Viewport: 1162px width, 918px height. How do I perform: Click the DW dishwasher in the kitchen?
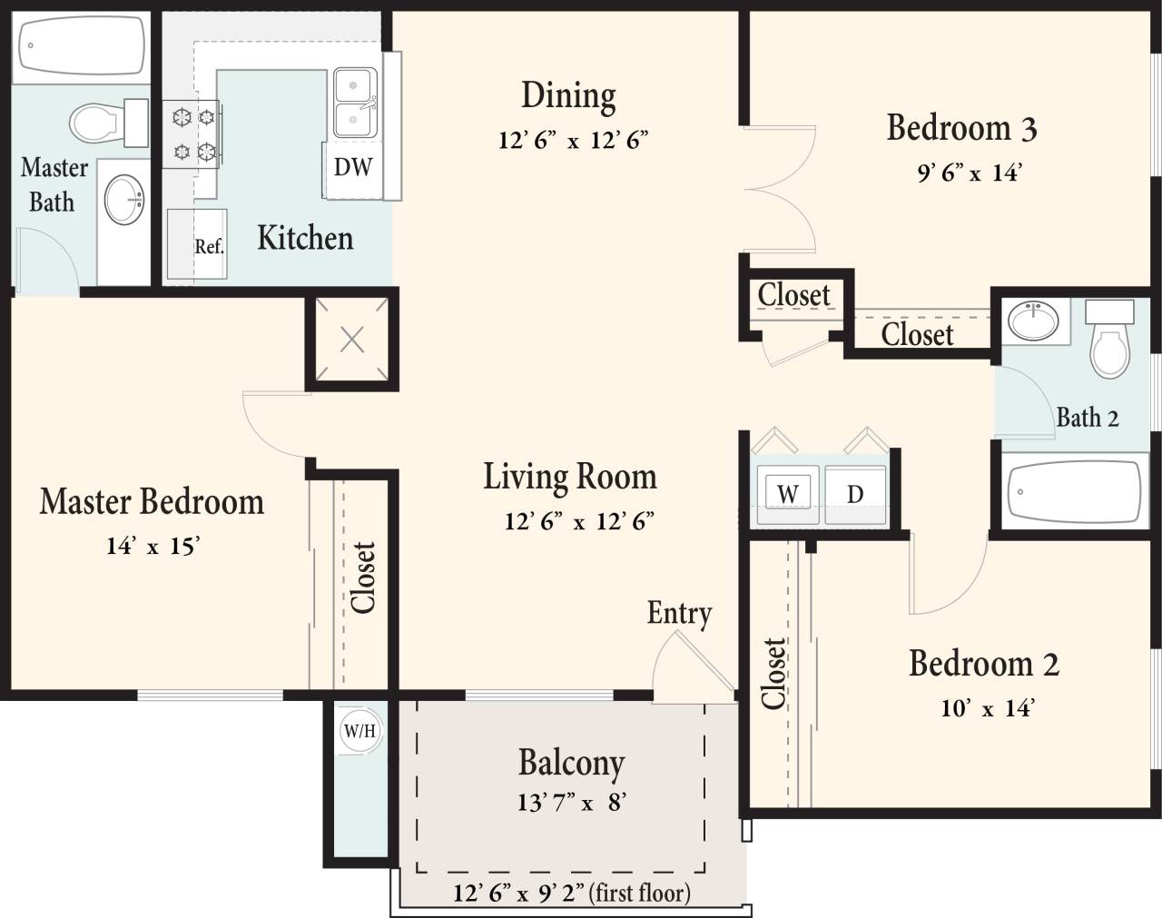point(352,168)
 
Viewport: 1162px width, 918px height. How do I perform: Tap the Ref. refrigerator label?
point(208,246)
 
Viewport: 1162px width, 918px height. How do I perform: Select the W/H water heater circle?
point(359,731)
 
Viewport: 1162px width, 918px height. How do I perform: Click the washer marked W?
point(788,494)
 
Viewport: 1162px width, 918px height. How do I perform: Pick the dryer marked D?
point(855,494)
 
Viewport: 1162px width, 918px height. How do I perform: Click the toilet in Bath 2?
point(1109,341)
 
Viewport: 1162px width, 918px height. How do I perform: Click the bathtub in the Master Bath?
point(83,46)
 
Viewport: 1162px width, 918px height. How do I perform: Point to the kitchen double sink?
point(355,103)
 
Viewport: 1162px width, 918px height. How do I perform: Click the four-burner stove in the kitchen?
point(192,133)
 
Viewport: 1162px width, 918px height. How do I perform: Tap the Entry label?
point(679,614)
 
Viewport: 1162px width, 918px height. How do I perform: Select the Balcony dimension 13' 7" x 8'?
point(571,803)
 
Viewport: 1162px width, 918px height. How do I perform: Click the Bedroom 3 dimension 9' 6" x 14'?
point(969,173)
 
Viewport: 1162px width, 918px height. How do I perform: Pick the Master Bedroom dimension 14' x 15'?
point(152,546)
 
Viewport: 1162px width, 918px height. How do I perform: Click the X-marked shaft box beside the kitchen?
point(351,340)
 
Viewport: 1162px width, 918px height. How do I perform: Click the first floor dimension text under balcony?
point(571,893)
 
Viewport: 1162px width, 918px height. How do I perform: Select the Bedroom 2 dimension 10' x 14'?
point(987,708)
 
